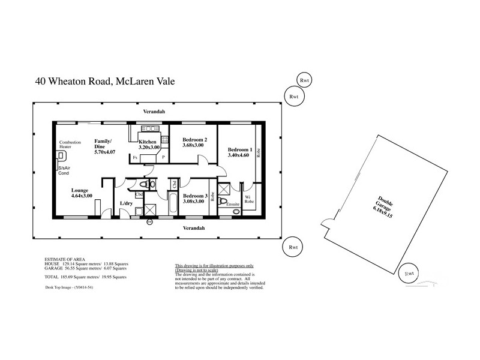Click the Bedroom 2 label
(194, 140)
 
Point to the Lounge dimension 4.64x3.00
(81, 196)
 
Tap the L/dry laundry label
(127, 204)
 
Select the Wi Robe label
(250, 199)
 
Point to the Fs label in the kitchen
(135, 157)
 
